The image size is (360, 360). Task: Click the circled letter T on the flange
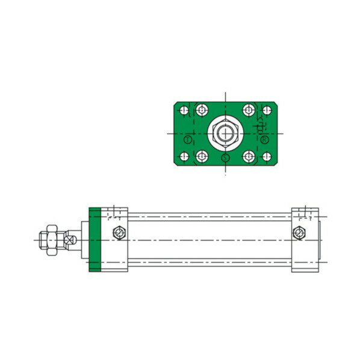point(187,140)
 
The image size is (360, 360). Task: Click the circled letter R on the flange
point(265,140)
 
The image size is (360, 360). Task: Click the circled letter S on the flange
point(225,158)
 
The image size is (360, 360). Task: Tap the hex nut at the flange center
point(225,132)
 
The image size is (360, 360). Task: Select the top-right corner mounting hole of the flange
point(266,111)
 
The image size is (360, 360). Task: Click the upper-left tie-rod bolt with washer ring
point(200,110)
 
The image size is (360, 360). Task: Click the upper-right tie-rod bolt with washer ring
point(248,110)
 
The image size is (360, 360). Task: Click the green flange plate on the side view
point(94,240)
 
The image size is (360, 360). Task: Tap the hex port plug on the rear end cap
point(299,233)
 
